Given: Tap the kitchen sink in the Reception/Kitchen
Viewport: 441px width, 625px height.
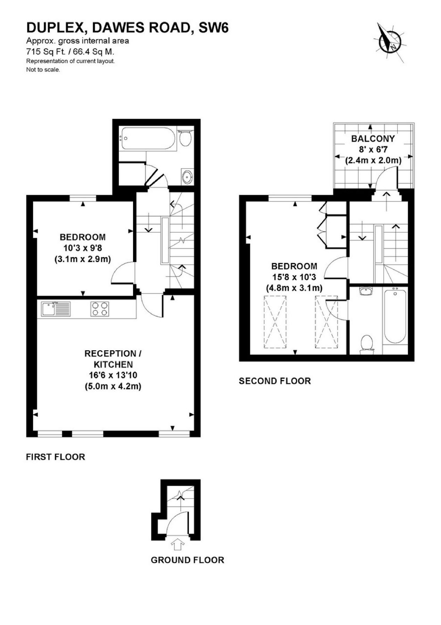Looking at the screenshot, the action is pos(56,309).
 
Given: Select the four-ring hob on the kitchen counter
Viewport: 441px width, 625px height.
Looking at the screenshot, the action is pos(100,309).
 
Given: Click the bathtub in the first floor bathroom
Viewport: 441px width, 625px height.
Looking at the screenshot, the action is pos(148,138).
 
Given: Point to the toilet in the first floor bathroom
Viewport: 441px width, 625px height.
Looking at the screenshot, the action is pos(185,138).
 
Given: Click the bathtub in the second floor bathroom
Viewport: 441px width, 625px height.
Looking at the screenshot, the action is pos(395,316).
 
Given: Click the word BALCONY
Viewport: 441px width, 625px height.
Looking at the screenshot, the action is pos(373,139).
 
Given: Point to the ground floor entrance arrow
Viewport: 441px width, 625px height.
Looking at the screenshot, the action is pos(177,544).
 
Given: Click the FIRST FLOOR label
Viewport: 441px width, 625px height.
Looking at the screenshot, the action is pos(56,457).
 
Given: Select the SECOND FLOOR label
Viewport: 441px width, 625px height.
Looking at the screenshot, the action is pos(275,381).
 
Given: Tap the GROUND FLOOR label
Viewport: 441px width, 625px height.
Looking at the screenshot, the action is pos(188,560).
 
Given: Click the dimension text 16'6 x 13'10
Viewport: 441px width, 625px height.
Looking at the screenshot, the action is pos(113,375).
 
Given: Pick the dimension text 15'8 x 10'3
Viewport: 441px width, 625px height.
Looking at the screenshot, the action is pos(294,277).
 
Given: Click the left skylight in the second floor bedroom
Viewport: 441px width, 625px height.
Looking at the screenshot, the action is pos(275,322).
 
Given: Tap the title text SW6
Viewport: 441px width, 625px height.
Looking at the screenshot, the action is pos(214,28).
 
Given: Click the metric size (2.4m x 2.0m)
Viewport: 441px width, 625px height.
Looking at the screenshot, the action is pos(373,161).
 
